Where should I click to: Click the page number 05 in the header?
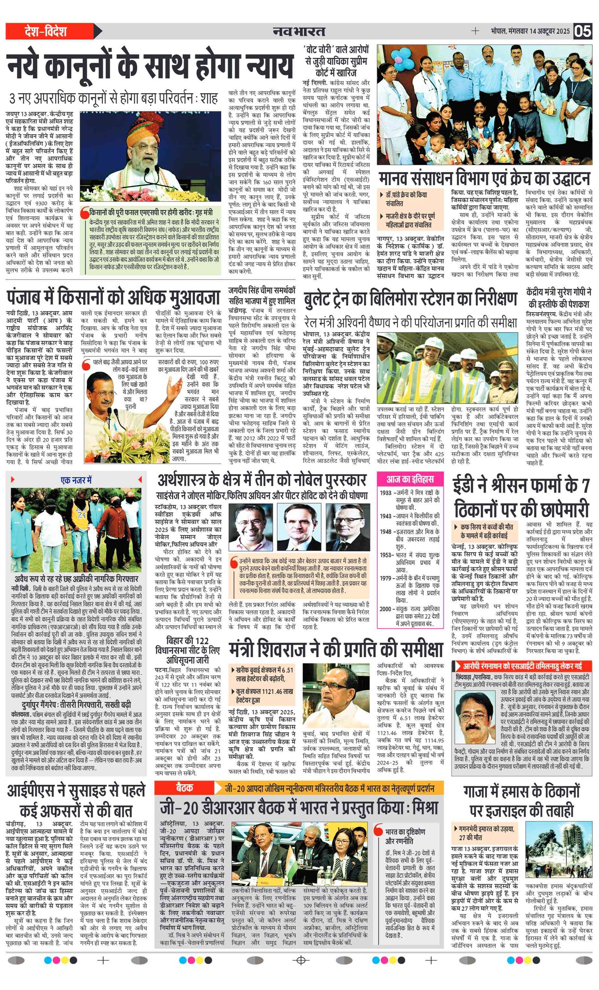click(583, 31)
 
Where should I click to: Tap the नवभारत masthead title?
click(299, 31)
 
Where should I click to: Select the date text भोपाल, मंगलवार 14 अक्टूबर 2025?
click(530, 31)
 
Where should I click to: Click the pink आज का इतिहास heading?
click(410, 479)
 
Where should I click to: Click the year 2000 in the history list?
click(385, 609)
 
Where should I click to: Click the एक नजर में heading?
click(76, 480)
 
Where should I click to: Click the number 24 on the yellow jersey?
click(82, 515)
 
